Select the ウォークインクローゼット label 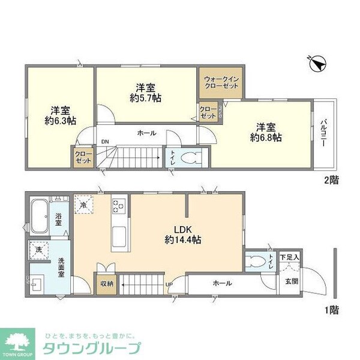[221, 82]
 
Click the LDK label [184, 228]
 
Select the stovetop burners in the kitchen [118, 206]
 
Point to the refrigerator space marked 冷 [83, 204]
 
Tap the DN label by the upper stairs [105, 142]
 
